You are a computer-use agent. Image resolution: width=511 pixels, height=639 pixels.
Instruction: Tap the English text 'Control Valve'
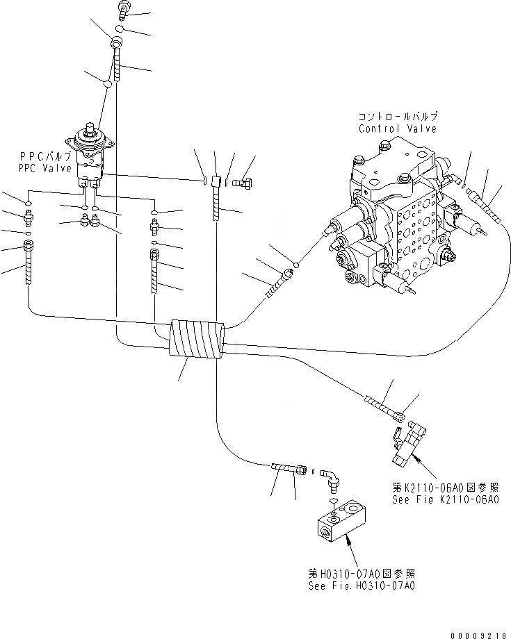pyautogui.click(x=398, y=128)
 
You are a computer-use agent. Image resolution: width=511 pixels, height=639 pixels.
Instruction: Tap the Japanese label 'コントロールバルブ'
pyautogui.click(x=397, y=117)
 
